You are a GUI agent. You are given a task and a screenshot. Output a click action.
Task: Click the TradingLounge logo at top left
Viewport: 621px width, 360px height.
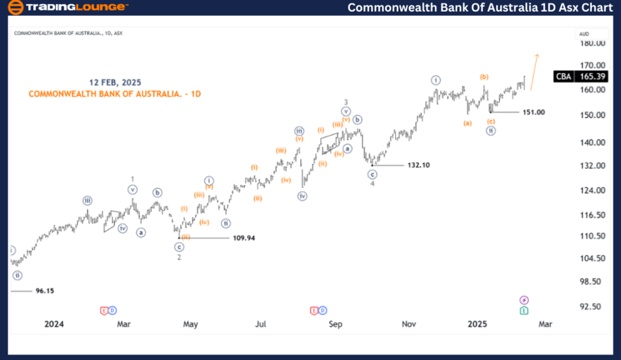click(68, 8)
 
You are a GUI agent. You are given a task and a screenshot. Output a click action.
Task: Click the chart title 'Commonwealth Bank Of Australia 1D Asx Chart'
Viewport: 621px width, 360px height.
click(480, 8)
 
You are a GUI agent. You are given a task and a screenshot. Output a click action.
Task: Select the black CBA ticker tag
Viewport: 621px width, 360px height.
click(564, 76)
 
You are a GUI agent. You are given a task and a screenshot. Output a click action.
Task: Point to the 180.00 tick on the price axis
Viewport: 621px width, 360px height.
click(593, 43)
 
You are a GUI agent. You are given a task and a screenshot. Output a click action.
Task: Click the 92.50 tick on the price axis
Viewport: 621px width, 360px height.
click(593, 306)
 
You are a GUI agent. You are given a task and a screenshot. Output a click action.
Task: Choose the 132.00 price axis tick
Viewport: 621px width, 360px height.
click(593, 166)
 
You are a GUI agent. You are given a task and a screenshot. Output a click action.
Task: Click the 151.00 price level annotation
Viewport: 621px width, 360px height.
click(533, 112)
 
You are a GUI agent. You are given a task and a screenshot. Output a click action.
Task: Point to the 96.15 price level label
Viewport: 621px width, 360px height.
click(45, 291)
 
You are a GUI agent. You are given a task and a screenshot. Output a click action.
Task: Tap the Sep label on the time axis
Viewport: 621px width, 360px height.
click(335, 323)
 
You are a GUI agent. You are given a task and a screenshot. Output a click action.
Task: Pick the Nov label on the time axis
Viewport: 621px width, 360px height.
click(408, 323)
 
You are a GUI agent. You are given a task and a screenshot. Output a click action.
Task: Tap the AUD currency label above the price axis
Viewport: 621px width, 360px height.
click(584, 33)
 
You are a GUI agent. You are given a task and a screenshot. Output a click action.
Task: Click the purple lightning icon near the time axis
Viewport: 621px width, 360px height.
click(524, 300)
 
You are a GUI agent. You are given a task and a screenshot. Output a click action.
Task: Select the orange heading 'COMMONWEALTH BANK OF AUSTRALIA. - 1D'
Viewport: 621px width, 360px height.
click(115, 94)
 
